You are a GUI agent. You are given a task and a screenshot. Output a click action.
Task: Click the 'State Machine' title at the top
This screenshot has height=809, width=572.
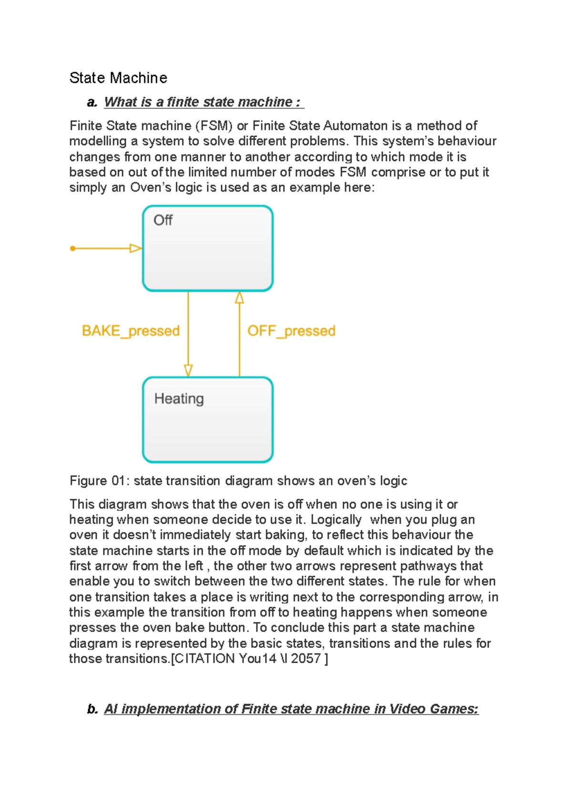point(118,78)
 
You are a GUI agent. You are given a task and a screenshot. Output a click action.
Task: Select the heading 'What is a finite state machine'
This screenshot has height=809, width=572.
point(202,102)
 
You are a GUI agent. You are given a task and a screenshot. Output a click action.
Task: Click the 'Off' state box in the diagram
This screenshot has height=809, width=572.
point(208,248)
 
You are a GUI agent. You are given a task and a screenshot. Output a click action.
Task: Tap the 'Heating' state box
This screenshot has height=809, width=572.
point(208,420)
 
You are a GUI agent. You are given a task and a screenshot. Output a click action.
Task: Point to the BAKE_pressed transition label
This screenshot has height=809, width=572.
point(131,331)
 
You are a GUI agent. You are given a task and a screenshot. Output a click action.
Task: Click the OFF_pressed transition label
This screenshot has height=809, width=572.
point(291,331)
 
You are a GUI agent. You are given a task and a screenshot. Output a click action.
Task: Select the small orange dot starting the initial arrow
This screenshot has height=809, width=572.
point(72,248)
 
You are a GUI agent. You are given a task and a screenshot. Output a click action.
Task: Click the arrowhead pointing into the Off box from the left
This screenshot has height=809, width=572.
point(136,248)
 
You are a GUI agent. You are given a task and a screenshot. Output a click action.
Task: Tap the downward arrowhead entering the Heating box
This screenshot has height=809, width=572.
point(188,371)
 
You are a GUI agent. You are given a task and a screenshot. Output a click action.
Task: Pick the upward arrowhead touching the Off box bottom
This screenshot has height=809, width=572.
point(239,298)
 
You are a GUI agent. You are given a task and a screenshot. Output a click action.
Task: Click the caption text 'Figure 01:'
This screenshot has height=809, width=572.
point(100,481)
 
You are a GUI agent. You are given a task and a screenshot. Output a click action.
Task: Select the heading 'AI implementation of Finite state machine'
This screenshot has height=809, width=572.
point(291,709)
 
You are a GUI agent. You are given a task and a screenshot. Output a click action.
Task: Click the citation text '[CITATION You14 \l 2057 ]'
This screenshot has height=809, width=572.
point(249,659)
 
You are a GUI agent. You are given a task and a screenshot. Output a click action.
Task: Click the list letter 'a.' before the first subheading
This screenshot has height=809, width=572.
point(92,102)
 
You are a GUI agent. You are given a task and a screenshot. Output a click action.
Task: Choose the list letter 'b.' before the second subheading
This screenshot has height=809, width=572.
point(92,709)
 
